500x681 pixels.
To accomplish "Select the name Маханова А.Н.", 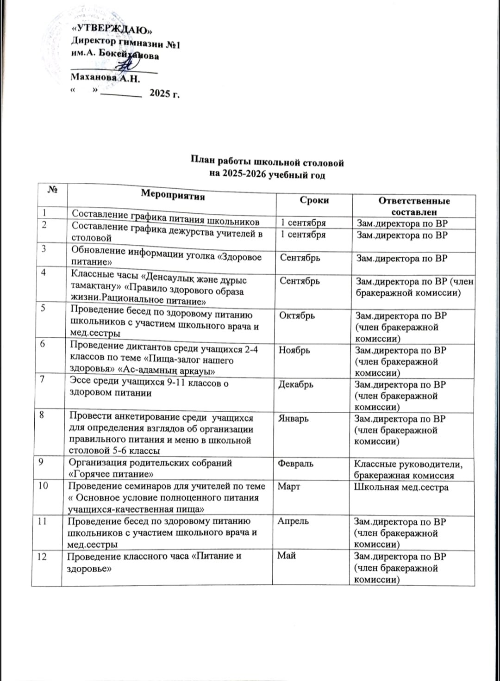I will (x=105, y=78).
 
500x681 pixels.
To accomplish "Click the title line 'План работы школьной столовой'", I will (x=268, y=163).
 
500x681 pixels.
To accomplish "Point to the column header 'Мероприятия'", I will (x=173, y=195).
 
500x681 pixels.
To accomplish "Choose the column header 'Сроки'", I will (x=314, y=200).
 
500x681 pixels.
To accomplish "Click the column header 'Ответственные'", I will (x=414, y=201).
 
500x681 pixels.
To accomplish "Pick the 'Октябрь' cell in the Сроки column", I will (x=297, y=315).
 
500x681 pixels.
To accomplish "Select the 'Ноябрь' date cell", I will (x=294, y=350).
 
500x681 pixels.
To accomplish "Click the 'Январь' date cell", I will (x=293, y=419).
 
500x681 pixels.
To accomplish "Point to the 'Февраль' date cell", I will (x=295, y=463).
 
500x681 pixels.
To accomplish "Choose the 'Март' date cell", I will (x=288, y=487).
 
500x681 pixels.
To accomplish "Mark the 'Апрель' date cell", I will (x=293, y=521).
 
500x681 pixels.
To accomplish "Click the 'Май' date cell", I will (x=286, y=556).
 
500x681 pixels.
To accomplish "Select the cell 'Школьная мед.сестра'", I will (x=401, y=487).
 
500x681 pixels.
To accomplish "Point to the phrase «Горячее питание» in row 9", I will (x=111, y=474).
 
